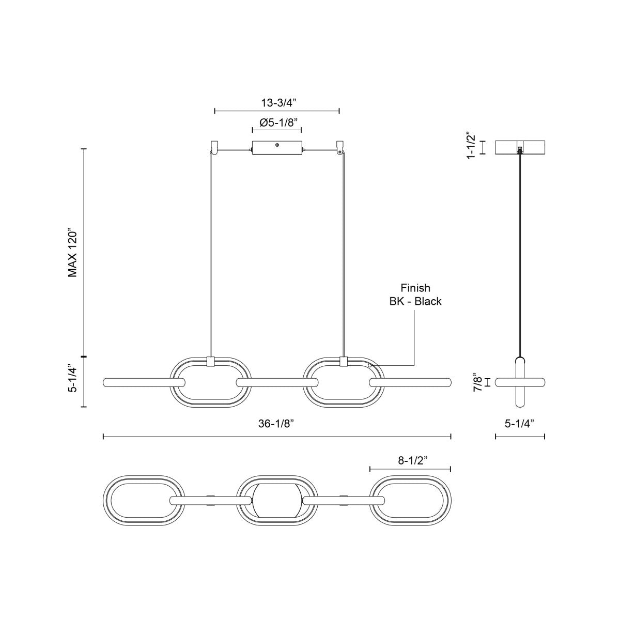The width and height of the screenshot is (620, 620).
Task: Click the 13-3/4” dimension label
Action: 277,103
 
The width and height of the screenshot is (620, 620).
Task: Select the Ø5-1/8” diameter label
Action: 277,123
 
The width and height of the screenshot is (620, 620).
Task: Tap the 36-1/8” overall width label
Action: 277,424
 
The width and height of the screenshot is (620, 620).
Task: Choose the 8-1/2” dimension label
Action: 411,461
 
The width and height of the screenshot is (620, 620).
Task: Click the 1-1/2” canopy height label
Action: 470,146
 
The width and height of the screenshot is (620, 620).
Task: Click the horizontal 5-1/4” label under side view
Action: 520,424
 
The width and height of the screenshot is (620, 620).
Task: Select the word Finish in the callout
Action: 415,288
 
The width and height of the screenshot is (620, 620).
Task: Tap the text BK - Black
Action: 415,301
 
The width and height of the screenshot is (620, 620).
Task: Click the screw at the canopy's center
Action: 277,146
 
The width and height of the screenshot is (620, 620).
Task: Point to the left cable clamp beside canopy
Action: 214,147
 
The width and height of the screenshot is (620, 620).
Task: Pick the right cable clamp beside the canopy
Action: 339,147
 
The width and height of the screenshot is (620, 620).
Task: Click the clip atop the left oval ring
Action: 210,362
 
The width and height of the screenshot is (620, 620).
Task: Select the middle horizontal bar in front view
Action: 277,383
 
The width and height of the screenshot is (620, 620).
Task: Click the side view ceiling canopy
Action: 520,147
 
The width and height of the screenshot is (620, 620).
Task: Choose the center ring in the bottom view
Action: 276,501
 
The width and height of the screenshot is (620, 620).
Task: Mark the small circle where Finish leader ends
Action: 370,365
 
